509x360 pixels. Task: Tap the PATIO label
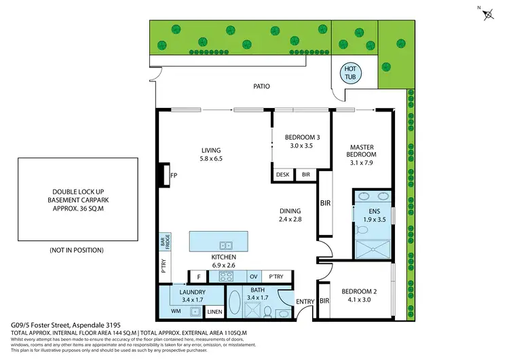pos(261,86)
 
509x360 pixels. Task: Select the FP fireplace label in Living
pos(174,175)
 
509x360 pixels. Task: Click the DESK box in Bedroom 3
pos(282,175)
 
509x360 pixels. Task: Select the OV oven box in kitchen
pos(254,276)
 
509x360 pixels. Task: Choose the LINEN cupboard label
pos(214,312)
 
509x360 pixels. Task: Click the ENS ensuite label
pos(373,211)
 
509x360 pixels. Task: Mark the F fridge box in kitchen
pos(199,277)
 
